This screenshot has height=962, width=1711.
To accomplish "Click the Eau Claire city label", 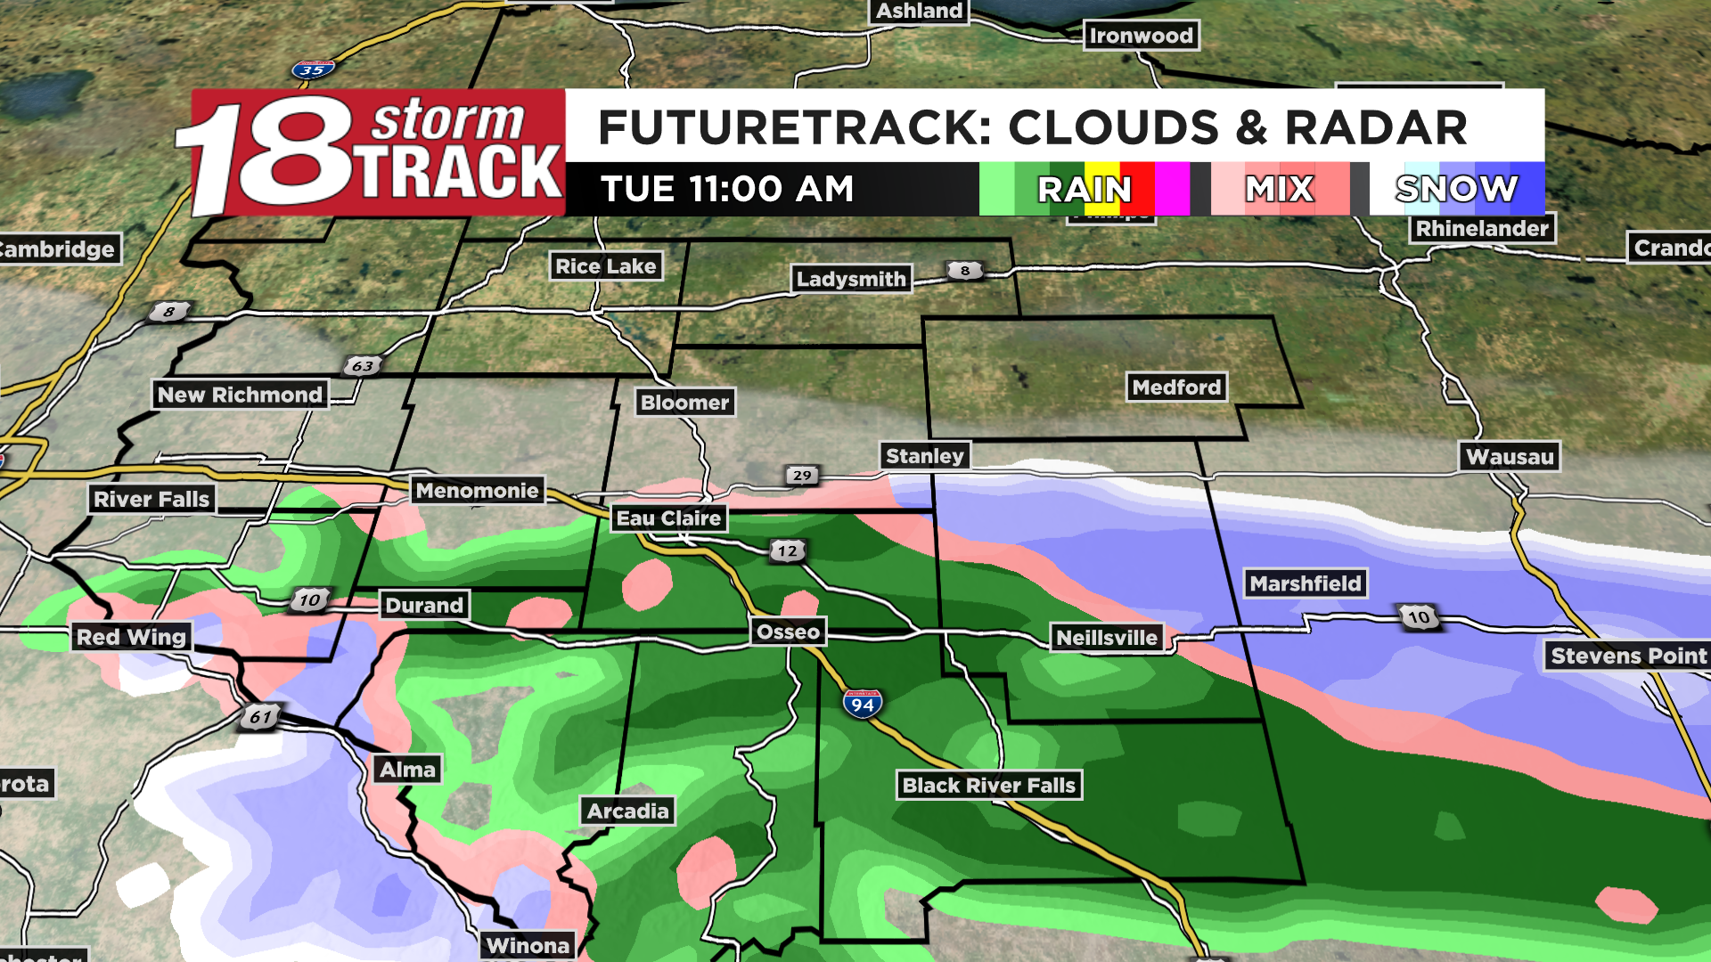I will (x=668, y=518).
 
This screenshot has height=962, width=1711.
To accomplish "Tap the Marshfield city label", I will (x=1306, y=583).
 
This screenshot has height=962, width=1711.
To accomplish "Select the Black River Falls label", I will (x=989, y=786).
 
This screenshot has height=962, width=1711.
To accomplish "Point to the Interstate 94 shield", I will (x=862, y=704).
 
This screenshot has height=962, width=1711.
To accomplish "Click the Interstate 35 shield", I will (x=313, y=69).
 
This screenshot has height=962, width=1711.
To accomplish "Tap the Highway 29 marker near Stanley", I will (x=802, y=475).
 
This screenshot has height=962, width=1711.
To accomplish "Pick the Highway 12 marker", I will (x=788, y=550).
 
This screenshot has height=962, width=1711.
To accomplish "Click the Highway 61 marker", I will (x=260, y=716).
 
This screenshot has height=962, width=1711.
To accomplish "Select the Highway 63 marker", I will (x=363, y=365).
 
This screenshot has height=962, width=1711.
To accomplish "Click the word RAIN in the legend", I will (x=1085, y=189).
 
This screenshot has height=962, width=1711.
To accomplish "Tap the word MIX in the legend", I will (x=1280, y=189).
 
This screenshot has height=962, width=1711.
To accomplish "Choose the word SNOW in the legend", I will (x=1456, y=189).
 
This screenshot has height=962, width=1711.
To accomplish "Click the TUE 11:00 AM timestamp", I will (x=727, y=189).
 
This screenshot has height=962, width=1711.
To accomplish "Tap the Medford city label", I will (x=1176, y=387).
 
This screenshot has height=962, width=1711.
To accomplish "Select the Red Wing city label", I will (x=131, y=637).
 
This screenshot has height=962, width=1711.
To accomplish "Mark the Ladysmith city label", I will (x=851, y=279).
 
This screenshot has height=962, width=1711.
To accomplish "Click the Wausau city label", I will (x=1510, y=457).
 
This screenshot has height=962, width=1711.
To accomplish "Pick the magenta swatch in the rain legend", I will (x=1172, y=189).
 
